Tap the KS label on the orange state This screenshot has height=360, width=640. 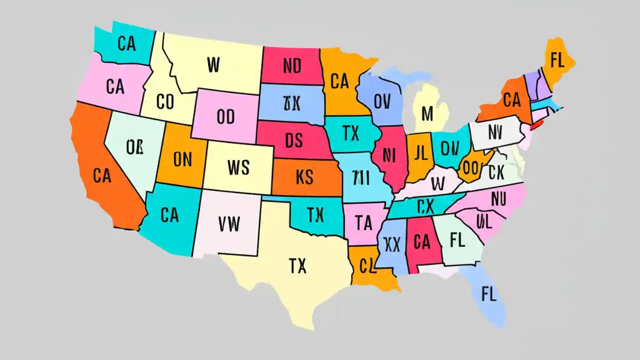coord(304,176)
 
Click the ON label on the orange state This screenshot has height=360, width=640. coord(182,159)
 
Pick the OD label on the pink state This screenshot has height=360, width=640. coord(225,116)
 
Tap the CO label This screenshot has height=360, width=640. coord(165,102)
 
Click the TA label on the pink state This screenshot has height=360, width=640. coord(364,221)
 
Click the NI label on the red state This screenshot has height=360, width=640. coord(388,155)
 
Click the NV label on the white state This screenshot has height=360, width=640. coord(494,132)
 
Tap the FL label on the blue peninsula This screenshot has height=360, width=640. coord(488,294)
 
